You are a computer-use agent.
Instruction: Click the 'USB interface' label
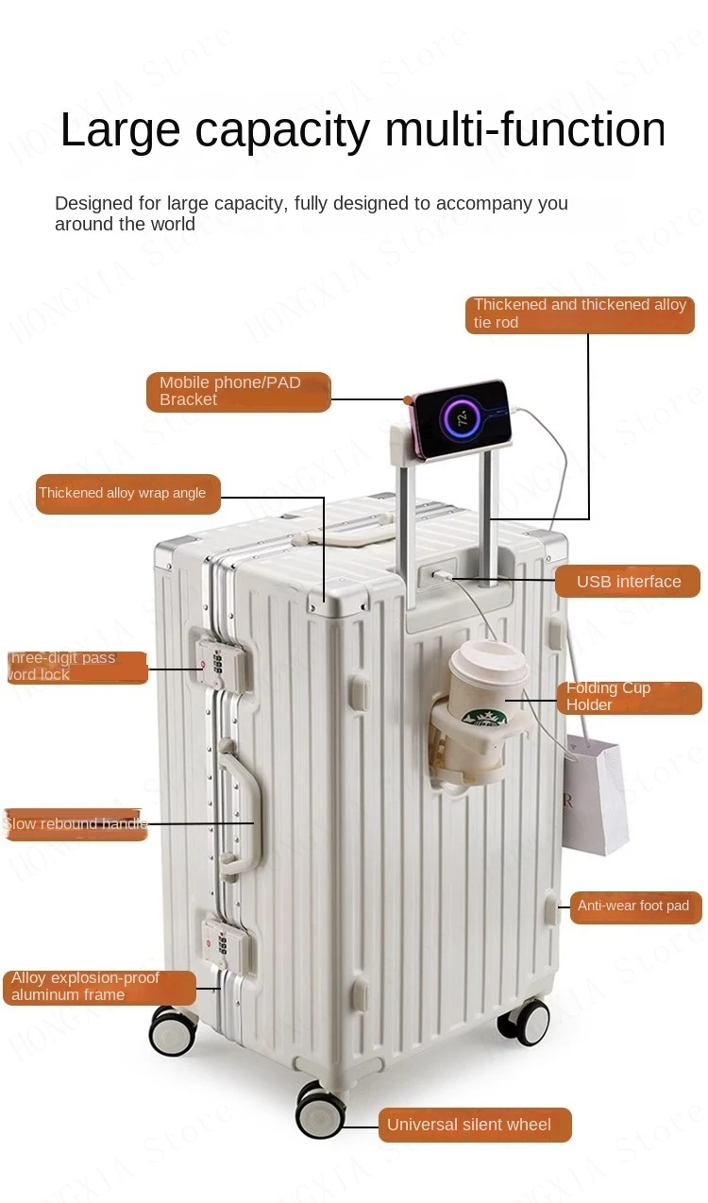tap(628, 582)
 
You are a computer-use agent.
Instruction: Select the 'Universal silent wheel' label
tap(475, 1125)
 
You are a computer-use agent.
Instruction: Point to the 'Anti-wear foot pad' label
tap(635, 906)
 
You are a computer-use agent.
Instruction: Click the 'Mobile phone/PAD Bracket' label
tap(238, 392)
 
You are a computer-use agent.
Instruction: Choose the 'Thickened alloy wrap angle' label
tap(127, 493)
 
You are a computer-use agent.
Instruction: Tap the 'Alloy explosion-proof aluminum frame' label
tap(99, 987)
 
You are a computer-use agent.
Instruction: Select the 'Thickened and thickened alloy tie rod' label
tap(580, 314)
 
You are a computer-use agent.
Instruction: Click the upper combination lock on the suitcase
tap(215, 660)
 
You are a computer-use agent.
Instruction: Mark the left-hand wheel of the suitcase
tap(173, 1030)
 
